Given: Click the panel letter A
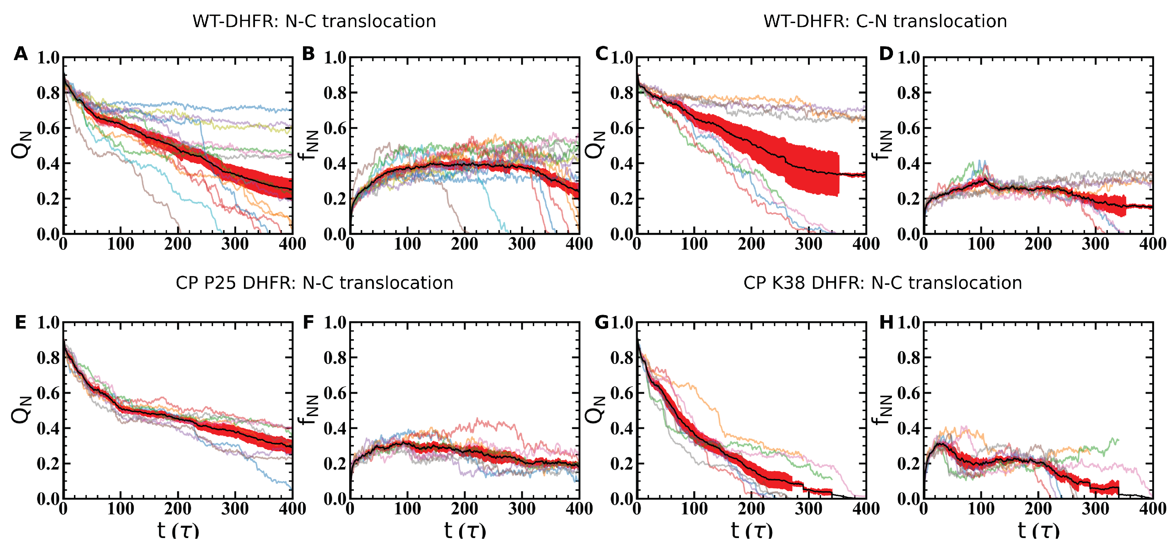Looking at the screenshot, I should tap(21, 54).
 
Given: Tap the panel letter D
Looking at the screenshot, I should tap(886, 54).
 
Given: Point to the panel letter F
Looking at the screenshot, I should tap(309, 323).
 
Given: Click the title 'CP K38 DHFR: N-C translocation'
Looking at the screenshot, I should tap(882, 283).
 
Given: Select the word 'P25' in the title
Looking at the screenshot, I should tap(219, 283).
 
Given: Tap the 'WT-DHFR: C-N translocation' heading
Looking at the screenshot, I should tap(885, 21).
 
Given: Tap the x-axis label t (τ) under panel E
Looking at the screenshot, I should tap(178, 530).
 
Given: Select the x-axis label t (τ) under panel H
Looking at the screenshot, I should tap(1038, 530).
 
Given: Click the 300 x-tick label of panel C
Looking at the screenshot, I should tap(809, 244).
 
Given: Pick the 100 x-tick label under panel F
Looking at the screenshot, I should tap(407, 508).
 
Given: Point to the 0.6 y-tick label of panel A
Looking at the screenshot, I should tap(48, 128).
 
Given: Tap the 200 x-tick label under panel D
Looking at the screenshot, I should tap(1038, 244).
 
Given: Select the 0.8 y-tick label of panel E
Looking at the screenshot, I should tap(48, 358).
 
